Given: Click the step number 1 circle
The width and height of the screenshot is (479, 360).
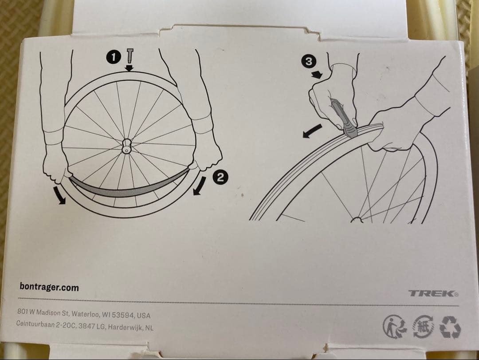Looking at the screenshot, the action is [x=114, y=57].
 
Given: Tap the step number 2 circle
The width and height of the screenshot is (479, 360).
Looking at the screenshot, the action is [x=220, y=177].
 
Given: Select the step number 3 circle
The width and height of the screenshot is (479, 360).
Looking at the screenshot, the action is [x=309, y=61].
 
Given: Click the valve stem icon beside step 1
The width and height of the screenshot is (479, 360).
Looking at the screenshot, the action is [x=130, y=56].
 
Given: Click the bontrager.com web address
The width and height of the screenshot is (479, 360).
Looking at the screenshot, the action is [x=49, y=287].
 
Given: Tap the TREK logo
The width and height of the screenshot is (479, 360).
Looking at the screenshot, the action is [x=434, y=293].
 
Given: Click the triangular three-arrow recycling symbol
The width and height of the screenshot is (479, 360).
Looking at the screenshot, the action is [x=450, y=327].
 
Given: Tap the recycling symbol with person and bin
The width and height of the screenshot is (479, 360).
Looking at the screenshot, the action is [x=395, y=327].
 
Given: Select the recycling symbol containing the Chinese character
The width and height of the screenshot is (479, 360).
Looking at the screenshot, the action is [x=423, y=326].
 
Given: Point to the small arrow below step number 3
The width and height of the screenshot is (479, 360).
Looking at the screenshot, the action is [x=317, y=74].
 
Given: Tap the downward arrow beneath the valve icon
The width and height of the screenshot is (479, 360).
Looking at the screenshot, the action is [x=130, y=67].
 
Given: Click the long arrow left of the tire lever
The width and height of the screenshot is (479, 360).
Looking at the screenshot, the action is [x=313, y=131].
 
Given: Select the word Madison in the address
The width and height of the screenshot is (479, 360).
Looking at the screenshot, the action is [x=53, y=313].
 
